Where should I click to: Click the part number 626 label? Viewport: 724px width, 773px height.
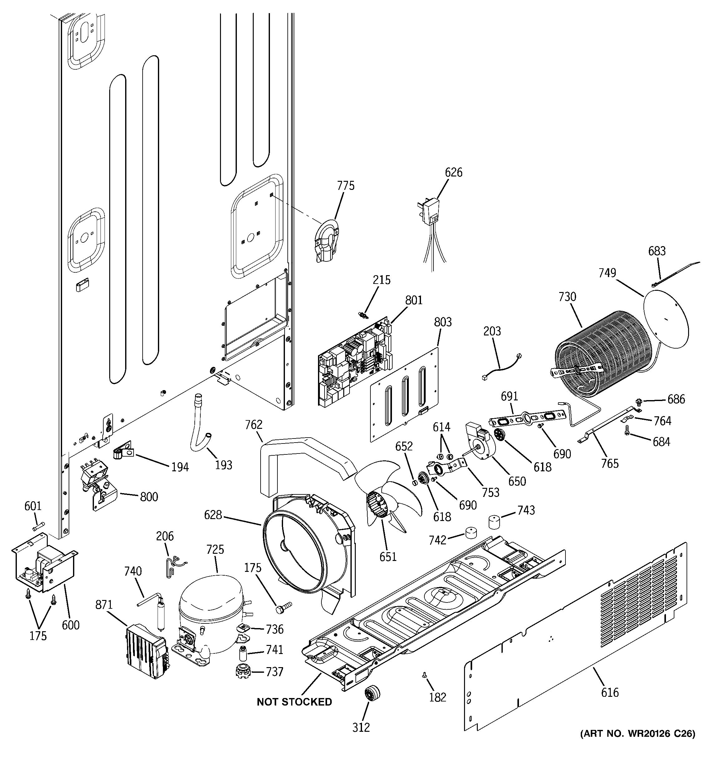tap(453, 172)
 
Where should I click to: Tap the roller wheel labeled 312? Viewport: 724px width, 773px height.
tap(372, 695)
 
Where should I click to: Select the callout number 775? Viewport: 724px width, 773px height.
tap(345, 186)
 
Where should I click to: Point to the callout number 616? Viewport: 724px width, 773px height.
tap(609, 692)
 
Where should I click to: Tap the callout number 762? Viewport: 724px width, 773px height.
tap(254, 425)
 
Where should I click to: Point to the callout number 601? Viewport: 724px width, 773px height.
tap(33, 506)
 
